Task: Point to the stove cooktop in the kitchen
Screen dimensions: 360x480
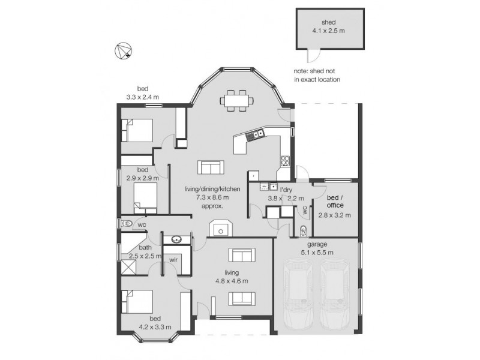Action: click(x=285, y=160)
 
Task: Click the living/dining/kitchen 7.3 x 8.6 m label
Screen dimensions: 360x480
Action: click(x=212, y=197)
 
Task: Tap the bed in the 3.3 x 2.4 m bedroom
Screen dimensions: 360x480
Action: click(x=137, y=130)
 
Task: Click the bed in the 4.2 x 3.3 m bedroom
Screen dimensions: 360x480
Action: click(x=137, y=302)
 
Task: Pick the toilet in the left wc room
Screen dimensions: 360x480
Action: click(x=127, y=224)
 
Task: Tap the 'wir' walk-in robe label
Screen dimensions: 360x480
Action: click(x=173, y=260)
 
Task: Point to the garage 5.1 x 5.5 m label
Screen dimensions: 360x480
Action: click(x=316, y=248)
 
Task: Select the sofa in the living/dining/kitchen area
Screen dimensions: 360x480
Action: click(x=211, y=167)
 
